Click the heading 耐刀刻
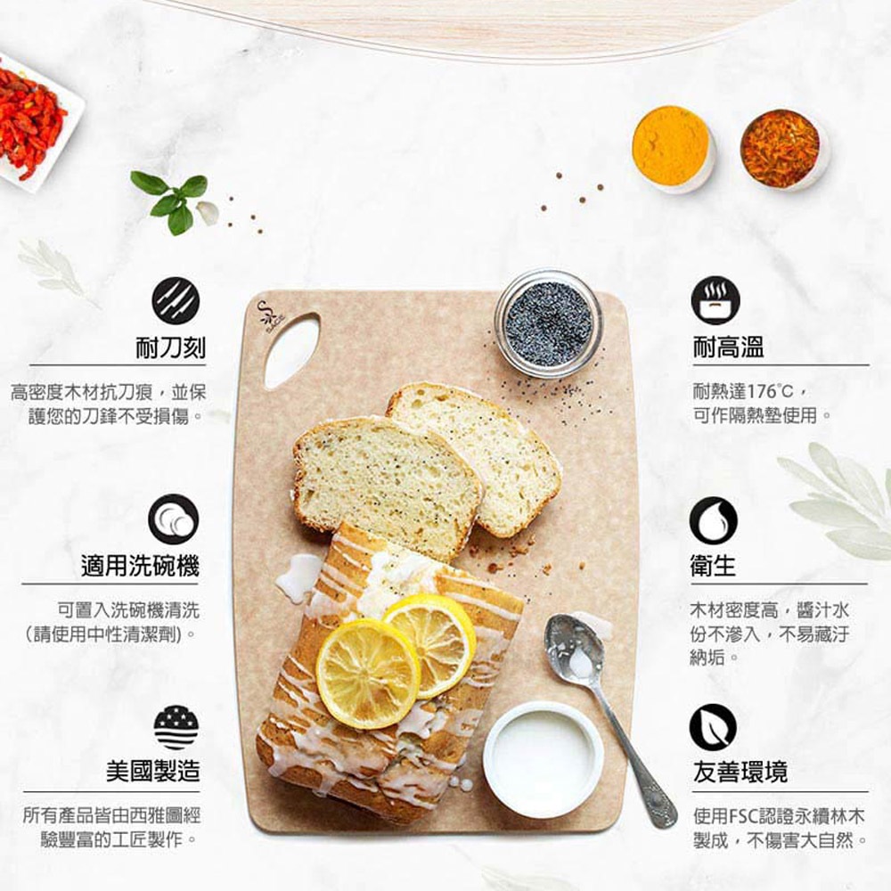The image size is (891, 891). coord(170,347)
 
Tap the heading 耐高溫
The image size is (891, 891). coord(728,347)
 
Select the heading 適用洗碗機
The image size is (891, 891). coord(140,565)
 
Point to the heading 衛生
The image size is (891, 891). coord(714,566)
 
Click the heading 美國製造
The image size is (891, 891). coord(152,771)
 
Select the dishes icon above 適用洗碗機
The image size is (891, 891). coord(173,519)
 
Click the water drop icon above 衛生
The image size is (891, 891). coord(714,520)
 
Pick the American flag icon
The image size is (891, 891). coord(176,726)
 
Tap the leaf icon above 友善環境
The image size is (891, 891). coord(713,726)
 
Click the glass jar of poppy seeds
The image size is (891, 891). coord(548,323)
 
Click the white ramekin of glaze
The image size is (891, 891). coord(543,758)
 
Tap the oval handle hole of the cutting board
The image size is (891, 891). coord(290,350)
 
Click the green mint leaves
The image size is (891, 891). coord(172,200)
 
